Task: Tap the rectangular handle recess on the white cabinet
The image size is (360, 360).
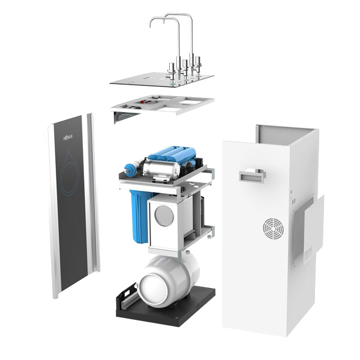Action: (x=251, y=176)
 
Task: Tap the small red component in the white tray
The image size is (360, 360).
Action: (x=143, y=103)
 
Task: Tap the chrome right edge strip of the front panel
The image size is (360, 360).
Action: (x=92, y=198)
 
